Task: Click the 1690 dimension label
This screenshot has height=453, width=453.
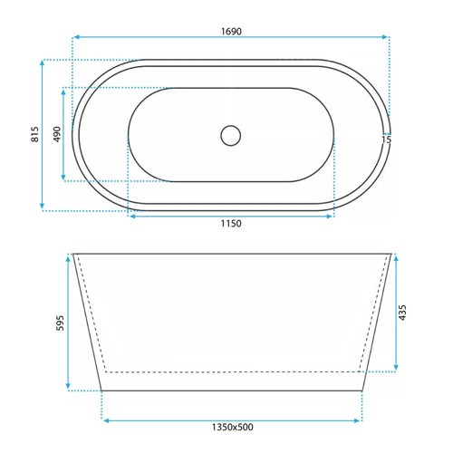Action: coord(231,32)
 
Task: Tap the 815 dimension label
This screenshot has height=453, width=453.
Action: coord(35,134)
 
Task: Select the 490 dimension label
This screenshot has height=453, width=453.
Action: coord(57,134)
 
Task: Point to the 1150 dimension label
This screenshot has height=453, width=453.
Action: coord(231,224)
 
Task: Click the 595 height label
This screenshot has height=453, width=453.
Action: coord(60,323)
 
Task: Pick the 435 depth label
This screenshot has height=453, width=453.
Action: coord(402,313)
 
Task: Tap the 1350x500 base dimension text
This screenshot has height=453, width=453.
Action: coord(232,427)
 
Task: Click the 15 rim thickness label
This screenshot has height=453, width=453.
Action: coord(386,140)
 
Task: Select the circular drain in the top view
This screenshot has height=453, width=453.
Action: coord(231,136)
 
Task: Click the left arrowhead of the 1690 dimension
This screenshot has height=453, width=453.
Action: coord(76,37)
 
